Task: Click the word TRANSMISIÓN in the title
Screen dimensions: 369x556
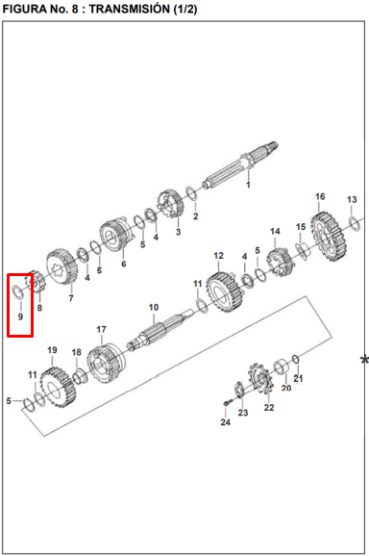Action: (x=130, y=9)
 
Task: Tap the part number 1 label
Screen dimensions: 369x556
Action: (x=248, y=185)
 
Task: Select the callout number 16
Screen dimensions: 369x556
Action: (x=320, y=196)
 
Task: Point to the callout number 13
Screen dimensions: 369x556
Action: (x=352, y=200)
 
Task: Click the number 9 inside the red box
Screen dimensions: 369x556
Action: (x=20, y=316)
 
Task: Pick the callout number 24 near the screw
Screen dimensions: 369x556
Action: (x=225, y=422)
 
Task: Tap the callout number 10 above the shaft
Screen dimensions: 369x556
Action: (x=154, y=308)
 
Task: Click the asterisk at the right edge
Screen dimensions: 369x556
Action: (x=364, y=360)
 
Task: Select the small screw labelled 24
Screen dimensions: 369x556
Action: (x=227, y=403)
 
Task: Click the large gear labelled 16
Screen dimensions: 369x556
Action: (x=328, y=236)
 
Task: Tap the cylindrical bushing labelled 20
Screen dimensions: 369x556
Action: (x=282, y=367)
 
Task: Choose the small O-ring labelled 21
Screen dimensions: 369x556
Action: (x=296, y=359)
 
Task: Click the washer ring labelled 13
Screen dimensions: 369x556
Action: (x=355, y=223)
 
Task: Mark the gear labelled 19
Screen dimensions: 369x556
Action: (x=58, y=388)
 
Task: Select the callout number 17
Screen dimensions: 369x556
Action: (x=101, y=330)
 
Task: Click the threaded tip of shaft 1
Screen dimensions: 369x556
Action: (x=273, y=146)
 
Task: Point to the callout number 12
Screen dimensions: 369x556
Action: (x=218, y=256)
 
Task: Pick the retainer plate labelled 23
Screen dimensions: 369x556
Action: (x=239, y=389)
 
